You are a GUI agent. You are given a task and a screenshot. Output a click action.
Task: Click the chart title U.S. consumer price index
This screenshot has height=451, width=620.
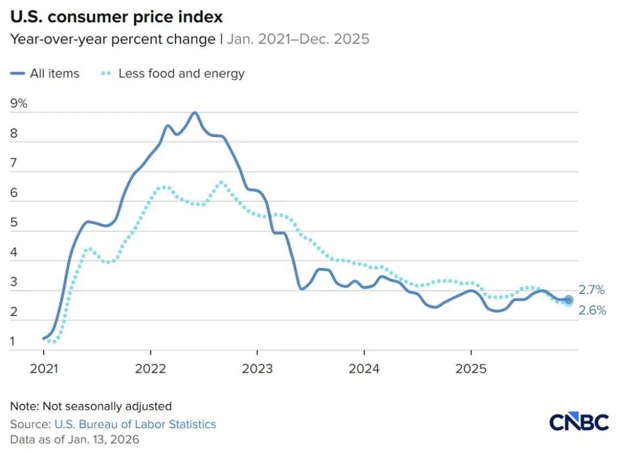(116, 17)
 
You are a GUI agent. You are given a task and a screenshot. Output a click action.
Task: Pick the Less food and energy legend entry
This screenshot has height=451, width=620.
(173, 73)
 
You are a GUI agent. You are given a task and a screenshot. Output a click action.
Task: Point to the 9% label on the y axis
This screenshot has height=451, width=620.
(18, 104)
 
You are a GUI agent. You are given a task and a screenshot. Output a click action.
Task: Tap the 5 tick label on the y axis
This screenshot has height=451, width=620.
(14, 223)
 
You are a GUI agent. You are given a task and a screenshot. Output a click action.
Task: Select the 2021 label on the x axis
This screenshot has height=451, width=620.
(44, 368)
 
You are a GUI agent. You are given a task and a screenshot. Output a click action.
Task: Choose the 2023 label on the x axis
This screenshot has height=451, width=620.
(257, 368)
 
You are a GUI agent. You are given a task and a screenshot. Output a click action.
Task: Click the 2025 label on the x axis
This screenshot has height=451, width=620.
(471, 368)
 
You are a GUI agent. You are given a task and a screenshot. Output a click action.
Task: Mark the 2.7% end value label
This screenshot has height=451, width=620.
(592, 290)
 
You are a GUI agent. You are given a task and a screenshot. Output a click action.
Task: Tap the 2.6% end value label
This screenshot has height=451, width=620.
(592, 311)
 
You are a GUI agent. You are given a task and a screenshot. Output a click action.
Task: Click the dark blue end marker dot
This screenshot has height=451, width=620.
(568, 299)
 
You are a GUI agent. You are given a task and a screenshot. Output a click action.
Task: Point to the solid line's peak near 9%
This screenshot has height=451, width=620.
(195, 112)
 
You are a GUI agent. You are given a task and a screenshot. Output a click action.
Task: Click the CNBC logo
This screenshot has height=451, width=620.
(579, 422)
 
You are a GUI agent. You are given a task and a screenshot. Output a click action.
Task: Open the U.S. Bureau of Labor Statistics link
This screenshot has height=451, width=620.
(135, 425)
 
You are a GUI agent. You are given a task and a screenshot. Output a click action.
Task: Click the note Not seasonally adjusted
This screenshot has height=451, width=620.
(91, 406)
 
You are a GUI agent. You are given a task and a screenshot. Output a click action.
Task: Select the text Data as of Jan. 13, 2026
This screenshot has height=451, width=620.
(75, 440)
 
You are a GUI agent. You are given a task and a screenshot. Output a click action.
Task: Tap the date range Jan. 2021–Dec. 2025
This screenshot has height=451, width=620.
(298, 40)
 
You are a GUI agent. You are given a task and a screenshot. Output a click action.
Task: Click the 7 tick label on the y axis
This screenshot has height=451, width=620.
(14, 164)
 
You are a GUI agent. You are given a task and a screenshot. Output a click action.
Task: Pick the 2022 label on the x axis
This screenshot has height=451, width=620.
(150, 368)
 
